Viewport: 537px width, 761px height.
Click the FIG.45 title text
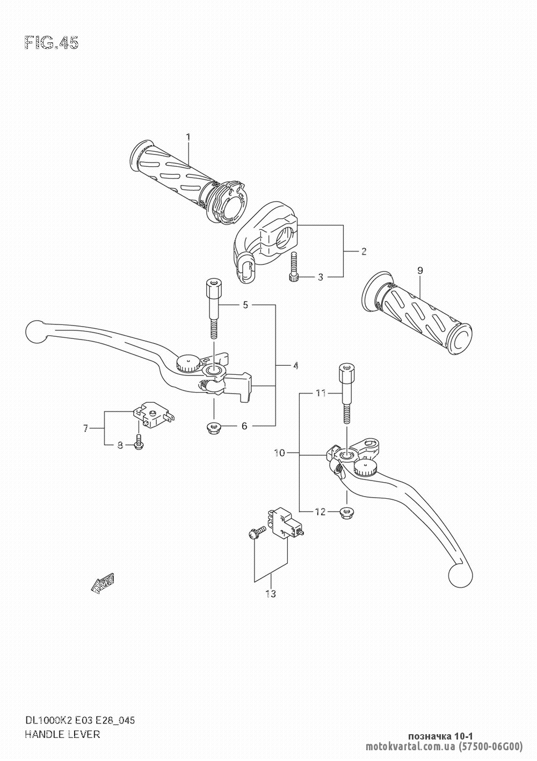(x=52, y=43)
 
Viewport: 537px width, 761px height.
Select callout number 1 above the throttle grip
(x=188, y=137)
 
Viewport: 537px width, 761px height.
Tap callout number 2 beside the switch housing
(x=364, y=252)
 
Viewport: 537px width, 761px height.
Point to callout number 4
(x=295, y=366)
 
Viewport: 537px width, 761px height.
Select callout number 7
(x=86, y=428)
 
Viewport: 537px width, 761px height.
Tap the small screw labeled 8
(x=139, y=442)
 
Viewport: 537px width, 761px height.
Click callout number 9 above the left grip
(x=420, y=271)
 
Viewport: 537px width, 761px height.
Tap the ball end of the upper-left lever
(x=35, y=331)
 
